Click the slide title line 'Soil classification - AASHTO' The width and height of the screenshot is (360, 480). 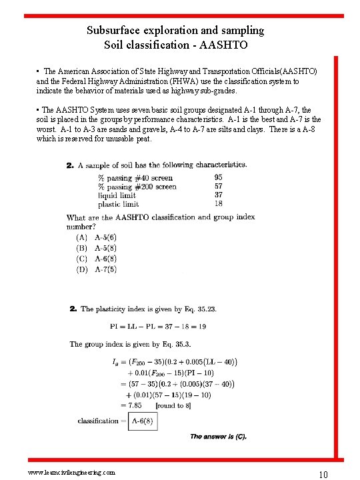[175, 45]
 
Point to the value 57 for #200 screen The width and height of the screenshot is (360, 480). [219, 187]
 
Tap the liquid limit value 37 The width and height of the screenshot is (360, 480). [219, 195]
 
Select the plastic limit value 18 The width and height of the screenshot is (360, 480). [219, 204]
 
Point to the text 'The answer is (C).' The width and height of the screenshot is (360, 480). [218, 437]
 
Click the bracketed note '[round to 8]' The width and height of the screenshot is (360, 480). [175, 405]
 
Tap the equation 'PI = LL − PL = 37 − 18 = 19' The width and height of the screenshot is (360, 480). [158, 327]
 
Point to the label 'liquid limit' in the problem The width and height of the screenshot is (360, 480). [117, 195]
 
